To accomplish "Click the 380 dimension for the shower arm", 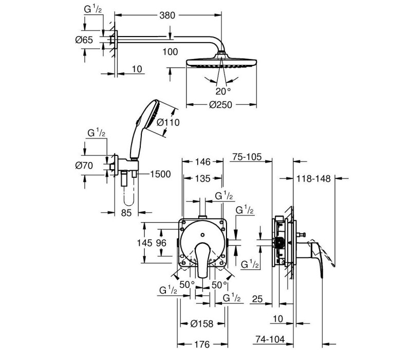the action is click(x=167, y=15).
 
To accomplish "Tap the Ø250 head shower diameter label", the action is click(x=221, y=105).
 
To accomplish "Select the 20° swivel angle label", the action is click(x=223, y=92).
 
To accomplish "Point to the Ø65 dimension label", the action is click(x=84, y=40).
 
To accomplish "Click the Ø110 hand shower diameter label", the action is click(x=168, y=122).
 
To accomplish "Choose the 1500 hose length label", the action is click(x=160, y=174).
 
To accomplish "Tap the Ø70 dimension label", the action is click(x=84, y=166).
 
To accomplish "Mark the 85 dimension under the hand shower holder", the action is click(x=126, y=213).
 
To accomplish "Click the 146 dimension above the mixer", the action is click(x=203, y=161).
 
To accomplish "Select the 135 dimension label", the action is click(x=203, y=178).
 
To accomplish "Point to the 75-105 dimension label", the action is click(x=247, y=157).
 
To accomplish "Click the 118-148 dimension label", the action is click(x=313, y=178).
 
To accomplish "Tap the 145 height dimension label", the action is click(x=144, y=243).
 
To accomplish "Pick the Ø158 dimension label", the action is click(x=202, y=324).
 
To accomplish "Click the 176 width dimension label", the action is click(x=202, y=344).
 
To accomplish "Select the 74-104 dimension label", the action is click(x=270, y=339).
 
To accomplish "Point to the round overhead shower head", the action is click(x=221, y=62).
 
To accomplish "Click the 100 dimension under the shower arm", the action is click(x=170, y=52).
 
